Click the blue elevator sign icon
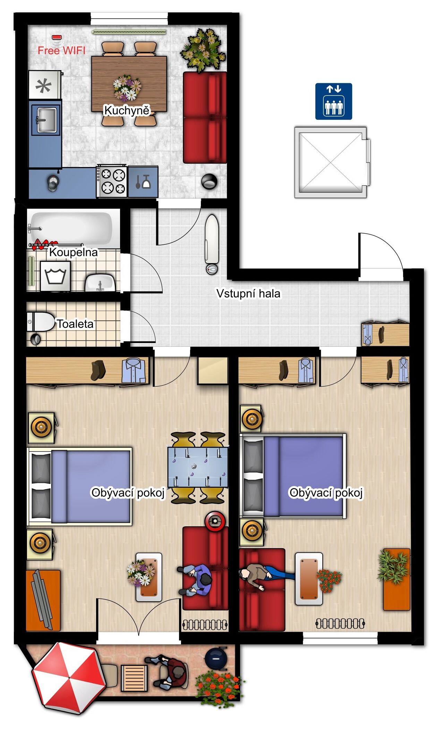(x=333, y=101)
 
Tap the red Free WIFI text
(x=61, y=51)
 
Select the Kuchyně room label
(x=127, y=110)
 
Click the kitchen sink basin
(x=46, y=120)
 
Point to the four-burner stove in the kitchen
(x=112, y=182)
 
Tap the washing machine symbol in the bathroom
(x=55, y=276)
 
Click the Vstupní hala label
(x=248, y=294)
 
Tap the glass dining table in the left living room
(x=198, y=467)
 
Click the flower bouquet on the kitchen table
(x=127, y=87)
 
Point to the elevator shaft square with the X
(x=331, y=162)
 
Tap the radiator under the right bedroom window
(x=340, y=623)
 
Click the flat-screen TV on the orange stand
(x=42, y=600)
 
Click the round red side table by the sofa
(x=215, y=521)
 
